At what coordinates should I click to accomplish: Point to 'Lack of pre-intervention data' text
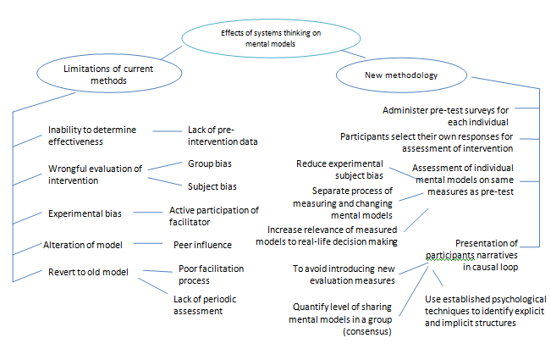(x=222, y=136)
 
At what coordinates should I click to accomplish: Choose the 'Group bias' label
(x=210, y=163)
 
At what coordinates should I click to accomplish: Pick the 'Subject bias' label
(x=212, y=186)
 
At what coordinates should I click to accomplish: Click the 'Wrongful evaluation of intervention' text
(x=95, y=174)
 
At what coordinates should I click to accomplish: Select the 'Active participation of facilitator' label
(x=213, y=215)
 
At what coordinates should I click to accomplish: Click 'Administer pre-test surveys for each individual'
(x=446, y=115)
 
